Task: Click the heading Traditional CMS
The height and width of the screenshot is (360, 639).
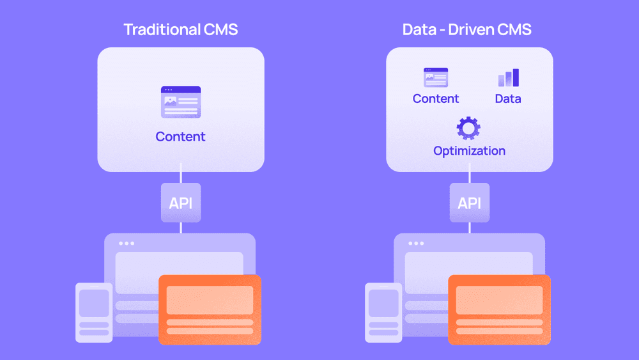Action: coord(181,29)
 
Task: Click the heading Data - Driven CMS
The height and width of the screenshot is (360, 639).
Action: coord(466,29)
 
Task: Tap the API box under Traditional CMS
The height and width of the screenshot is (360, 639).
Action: coord(181,203)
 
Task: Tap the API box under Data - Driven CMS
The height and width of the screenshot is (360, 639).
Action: coord(470,203)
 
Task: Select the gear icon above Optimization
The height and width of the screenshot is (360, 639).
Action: coord(468,129)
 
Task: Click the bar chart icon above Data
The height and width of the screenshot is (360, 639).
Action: coord(509,77)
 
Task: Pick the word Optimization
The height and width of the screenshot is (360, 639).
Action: coord(469,152)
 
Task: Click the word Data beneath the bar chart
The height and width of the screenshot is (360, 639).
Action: coord(508,98)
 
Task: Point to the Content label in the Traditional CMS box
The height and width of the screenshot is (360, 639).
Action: coord(181,137)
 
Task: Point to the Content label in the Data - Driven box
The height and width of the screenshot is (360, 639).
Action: coord(436,98)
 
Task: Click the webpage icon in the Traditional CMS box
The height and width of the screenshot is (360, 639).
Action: coord(181,102)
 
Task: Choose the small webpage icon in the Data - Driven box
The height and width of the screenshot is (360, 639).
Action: coord(436,77)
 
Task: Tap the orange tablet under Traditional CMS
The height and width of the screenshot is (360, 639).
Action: coord(210,310)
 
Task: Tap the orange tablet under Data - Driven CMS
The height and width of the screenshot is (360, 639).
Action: coord(499,310)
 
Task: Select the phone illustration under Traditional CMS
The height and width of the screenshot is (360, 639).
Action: coord(94,313)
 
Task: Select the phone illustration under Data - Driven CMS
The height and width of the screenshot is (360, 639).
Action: coord(383,313)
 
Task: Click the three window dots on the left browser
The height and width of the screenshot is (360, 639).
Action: coord(127,244)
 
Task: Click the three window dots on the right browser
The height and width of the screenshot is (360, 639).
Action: coord(416,244)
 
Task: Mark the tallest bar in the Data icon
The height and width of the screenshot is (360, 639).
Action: coord(516,77)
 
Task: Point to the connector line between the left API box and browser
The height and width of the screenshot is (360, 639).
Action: coord(181,228)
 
